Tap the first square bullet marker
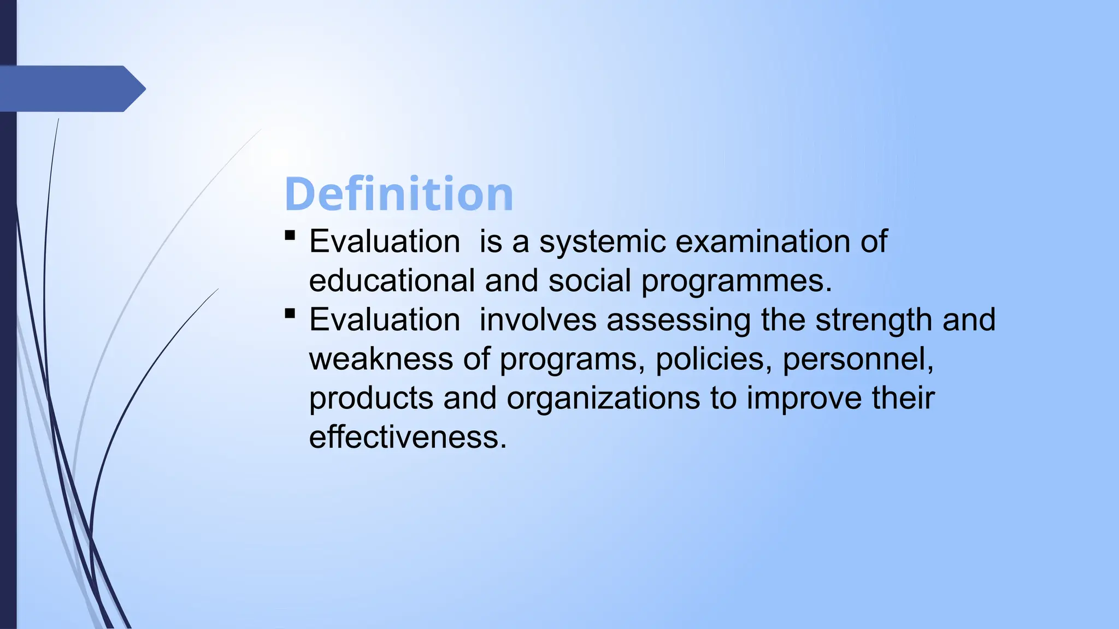coord(290,235)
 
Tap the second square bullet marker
coord(290,313)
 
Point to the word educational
coord(392,281)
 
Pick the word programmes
coord(736,282)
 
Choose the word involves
coord(538,320)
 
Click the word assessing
coord(679,321)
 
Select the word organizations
coord(603,399)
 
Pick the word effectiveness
coord(408,437)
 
